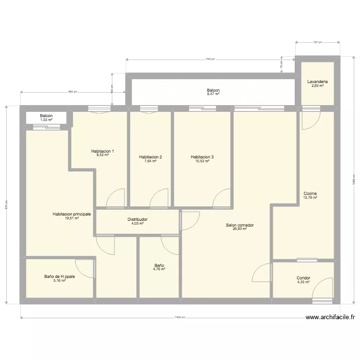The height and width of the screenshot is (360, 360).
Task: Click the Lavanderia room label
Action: click(x=317, y=82)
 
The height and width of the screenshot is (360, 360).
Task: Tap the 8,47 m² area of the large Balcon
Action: click(x=213, y=94)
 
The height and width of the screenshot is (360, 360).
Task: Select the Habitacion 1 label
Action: click(x=102, y=151)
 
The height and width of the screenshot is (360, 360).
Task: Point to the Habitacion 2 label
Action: click(x=150, y=157)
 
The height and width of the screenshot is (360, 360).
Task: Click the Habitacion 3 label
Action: click(x=202, y=157)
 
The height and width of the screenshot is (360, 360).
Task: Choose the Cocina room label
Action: click(x=310, y=194)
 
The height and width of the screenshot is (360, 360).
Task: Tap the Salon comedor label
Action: click(x=240, y=225)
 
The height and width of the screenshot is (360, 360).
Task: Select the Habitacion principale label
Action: click(x=72, y=214)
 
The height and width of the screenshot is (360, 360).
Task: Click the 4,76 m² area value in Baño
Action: click(x=159, y=269)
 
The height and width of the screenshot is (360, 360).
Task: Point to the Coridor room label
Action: click(x=303, y=278)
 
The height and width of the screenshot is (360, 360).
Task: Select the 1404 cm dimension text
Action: click(x=180, y=317)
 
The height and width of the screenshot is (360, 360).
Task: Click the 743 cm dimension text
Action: click(x=210, y=59)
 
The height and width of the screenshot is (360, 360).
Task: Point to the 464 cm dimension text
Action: click(x=72, y=92)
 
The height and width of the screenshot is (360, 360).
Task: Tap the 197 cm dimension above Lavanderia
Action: click(x=317, y=43)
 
